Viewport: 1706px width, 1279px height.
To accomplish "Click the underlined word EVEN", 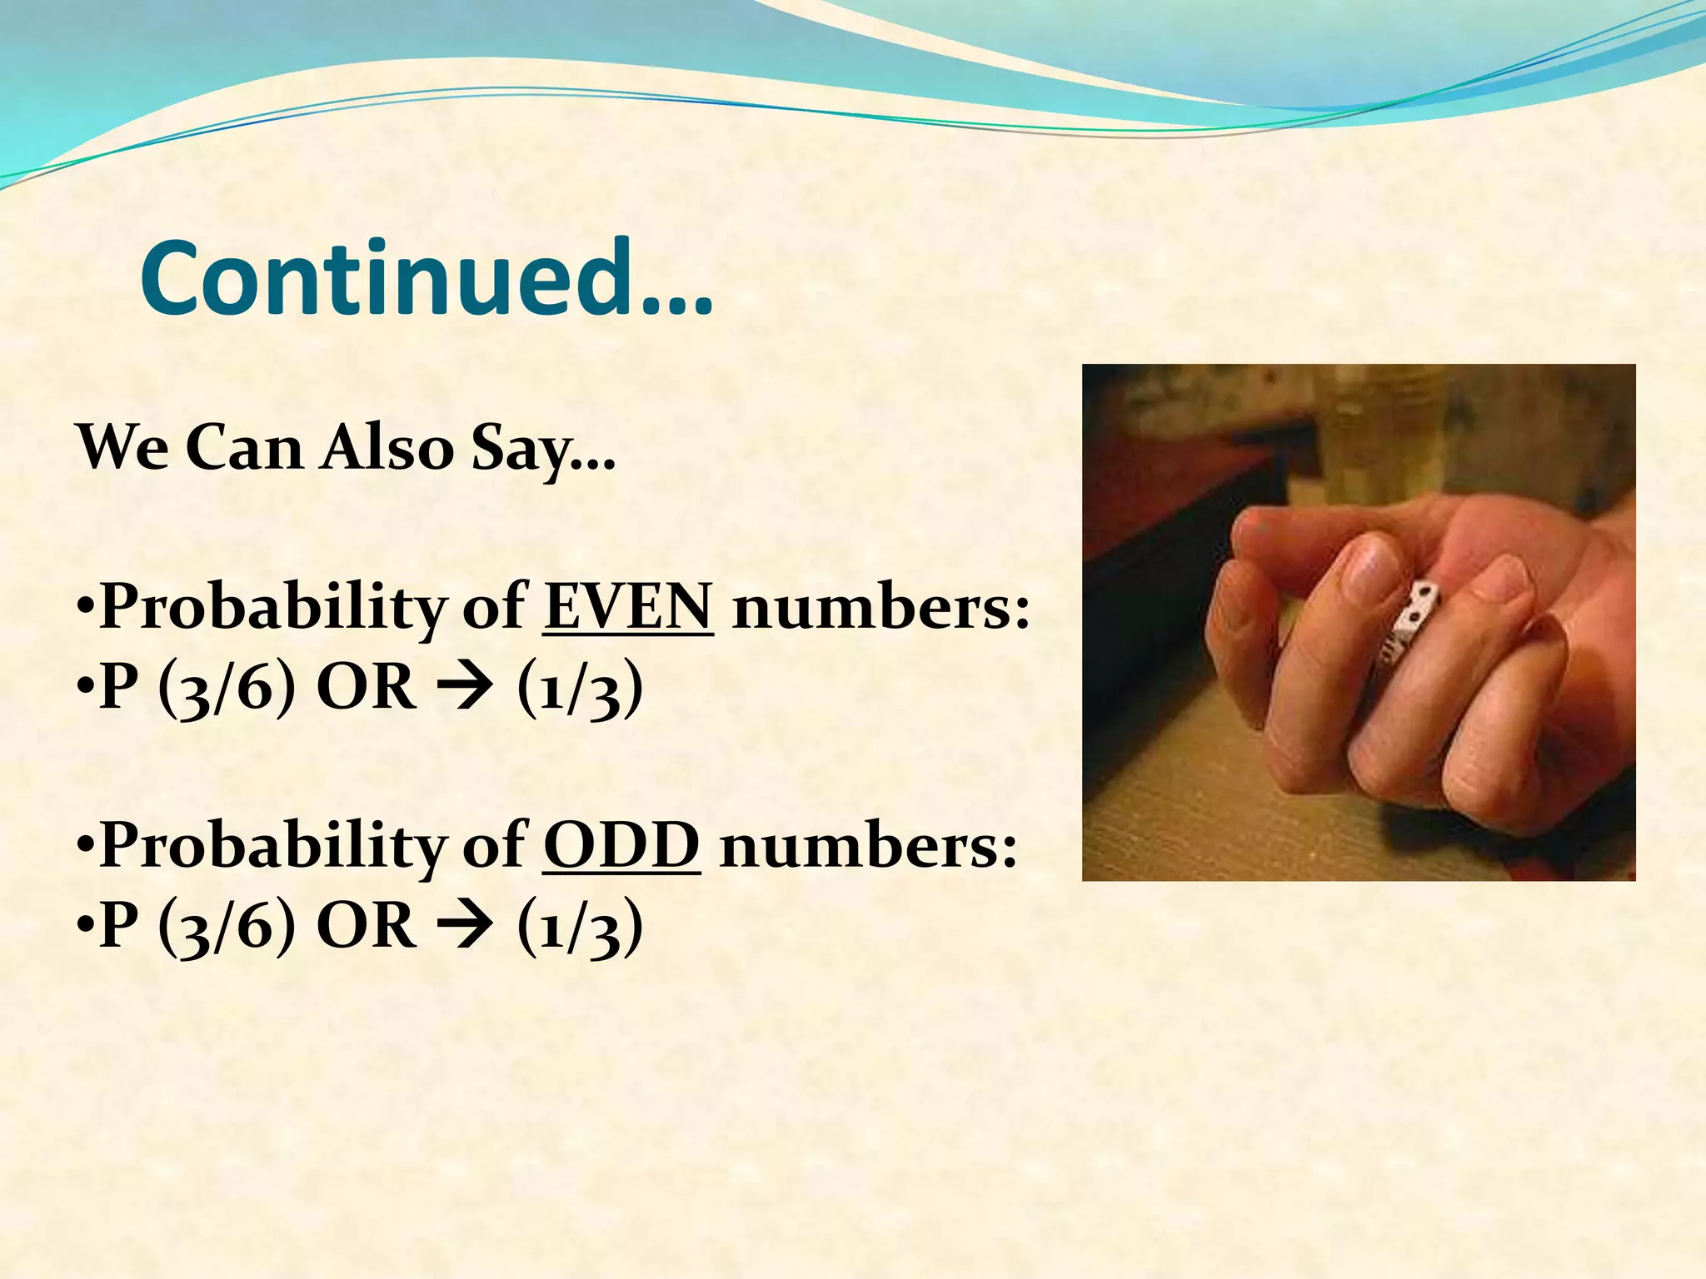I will coord(628,607).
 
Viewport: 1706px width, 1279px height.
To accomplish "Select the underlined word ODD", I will coord(621,845).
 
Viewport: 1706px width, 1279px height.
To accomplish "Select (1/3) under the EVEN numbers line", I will coord(581,690).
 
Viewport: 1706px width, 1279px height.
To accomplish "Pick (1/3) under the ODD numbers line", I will coord(581,927).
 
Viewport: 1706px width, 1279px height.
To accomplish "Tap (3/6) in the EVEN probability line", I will coord(226,690).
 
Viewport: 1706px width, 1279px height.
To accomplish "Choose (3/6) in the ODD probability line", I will coord(226,927).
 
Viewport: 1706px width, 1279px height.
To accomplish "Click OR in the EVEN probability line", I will coord(367,689).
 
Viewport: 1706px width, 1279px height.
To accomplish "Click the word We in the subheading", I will coord(122,448).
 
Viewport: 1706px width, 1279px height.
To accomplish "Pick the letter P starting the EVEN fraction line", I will coord(119,689).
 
